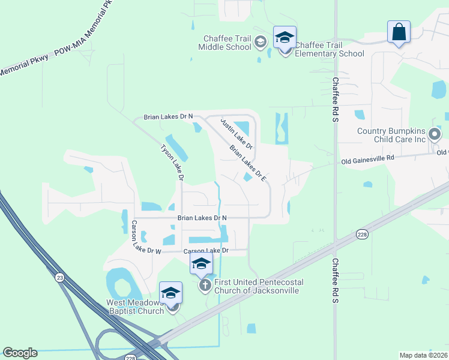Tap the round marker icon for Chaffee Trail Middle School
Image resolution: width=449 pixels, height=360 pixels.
pos(260,42)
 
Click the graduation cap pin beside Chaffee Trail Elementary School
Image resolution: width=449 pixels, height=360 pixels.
pos(285,38)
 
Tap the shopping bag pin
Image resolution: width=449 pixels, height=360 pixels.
pos(399,32)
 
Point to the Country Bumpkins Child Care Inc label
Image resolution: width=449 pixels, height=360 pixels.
pos(391,135)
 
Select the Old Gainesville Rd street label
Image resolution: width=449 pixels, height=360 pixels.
pos(369,159)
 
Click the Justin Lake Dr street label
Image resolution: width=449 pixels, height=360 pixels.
pos(237,134)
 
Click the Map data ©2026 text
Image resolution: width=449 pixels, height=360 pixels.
pos(423,355)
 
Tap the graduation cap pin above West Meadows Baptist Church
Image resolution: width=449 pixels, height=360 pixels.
pos(171,293)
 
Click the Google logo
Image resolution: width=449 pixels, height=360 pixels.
pos(20,353)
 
